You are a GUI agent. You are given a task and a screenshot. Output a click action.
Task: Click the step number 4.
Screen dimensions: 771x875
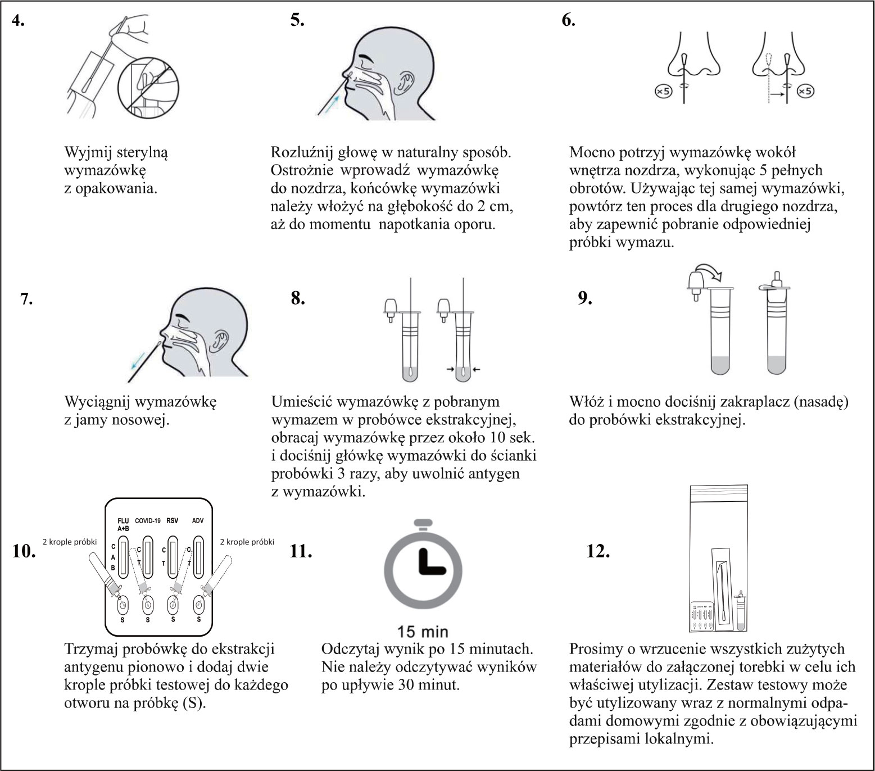[x=19, y=21]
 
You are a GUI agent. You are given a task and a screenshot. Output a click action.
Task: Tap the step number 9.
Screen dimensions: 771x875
[x=586, y=298]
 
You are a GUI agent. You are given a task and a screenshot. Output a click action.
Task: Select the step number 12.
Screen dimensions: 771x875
[x=598, y=551]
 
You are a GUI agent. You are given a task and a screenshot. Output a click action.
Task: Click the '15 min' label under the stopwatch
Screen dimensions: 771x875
[x=423, y=631]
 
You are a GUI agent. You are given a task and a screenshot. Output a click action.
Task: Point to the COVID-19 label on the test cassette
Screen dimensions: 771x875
[x=148, y=520]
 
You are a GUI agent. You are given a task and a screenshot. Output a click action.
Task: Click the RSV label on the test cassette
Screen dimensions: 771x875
[x=172, y=520]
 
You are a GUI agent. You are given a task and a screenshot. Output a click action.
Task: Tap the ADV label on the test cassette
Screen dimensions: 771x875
[x=197, y=520]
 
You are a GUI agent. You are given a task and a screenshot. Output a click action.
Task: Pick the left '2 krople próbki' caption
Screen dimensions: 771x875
[x=70, y=542]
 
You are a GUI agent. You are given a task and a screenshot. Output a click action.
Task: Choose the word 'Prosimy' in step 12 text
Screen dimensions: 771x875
[x=596, y=650]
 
